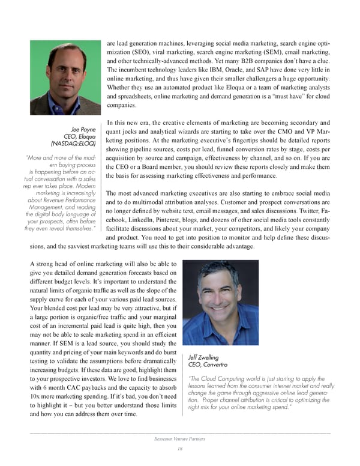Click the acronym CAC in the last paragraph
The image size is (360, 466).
[x=83, y=387]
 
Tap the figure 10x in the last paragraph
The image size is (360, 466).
[x=36, y=398]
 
